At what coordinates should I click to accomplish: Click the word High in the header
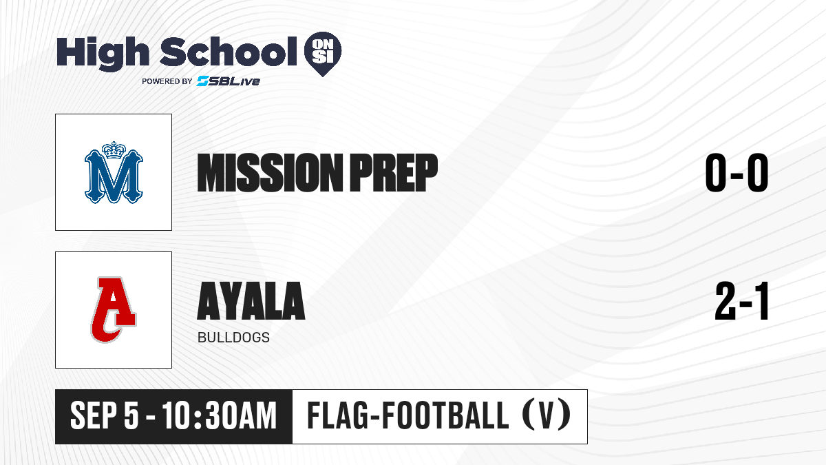click(103, 54)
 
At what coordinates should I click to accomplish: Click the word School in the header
click(229, 52)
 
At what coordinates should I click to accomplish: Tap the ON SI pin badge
click(323, 54)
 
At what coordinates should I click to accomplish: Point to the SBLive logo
click(229, 81)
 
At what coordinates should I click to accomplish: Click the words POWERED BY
click(167, 81)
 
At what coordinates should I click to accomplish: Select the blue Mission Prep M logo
click(114, 172)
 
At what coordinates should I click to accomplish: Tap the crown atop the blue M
click(114, 150)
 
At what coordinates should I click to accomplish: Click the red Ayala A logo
click(113, 309)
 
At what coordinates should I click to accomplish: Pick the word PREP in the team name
click(394, 173)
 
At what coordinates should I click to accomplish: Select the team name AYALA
click(251, 301)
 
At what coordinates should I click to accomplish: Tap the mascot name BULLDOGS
click(233, 338)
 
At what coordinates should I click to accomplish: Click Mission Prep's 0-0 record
click(737, 173)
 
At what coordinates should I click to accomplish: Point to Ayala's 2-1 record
click(741, 301)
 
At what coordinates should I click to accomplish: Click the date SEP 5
click(105, 416)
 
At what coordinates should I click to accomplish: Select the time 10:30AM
click(219, 416)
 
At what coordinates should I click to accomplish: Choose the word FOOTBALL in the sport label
click(445, 415)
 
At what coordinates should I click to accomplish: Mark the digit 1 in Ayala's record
click(761, 301)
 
